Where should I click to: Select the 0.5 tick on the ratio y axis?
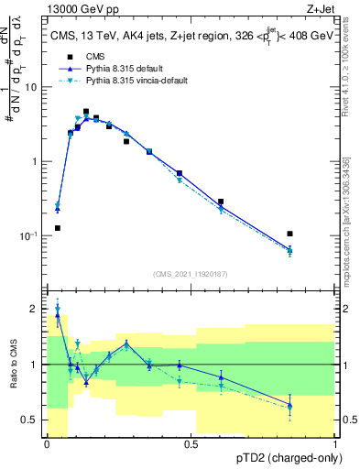click(30, 420)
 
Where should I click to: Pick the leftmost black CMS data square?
click(58, 228)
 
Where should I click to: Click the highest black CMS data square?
click(86, 112)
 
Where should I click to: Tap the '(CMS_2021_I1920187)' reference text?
click(191, 273)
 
